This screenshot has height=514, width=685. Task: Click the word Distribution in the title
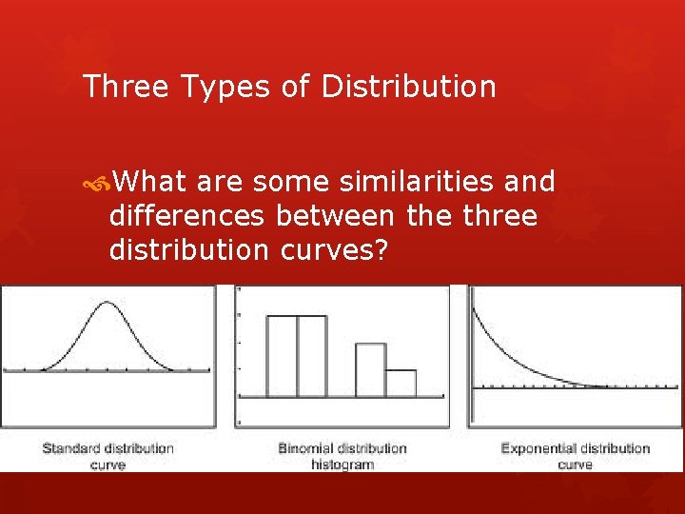coord(409,87)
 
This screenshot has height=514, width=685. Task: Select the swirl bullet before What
coord(99,181)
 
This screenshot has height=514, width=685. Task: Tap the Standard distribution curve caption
coord(108,456)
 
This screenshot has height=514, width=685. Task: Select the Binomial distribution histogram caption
coord(342,456)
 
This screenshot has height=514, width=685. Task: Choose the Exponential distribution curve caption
coord(575,456)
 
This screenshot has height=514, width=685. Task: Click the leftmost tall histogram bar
coord(282,356)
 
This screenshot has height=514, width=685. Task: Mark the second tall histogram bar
coord(312,356)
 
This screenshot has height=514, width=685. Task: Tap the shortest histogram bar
coord(401,383)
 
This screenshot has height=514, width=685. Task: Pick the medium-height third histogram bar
coord(370,369)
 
